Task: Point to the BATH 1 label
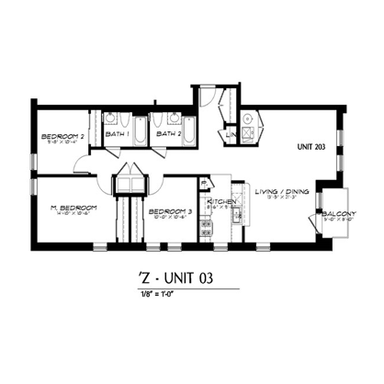pos(118,134)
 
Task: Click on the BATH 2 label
pos(166,134)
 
